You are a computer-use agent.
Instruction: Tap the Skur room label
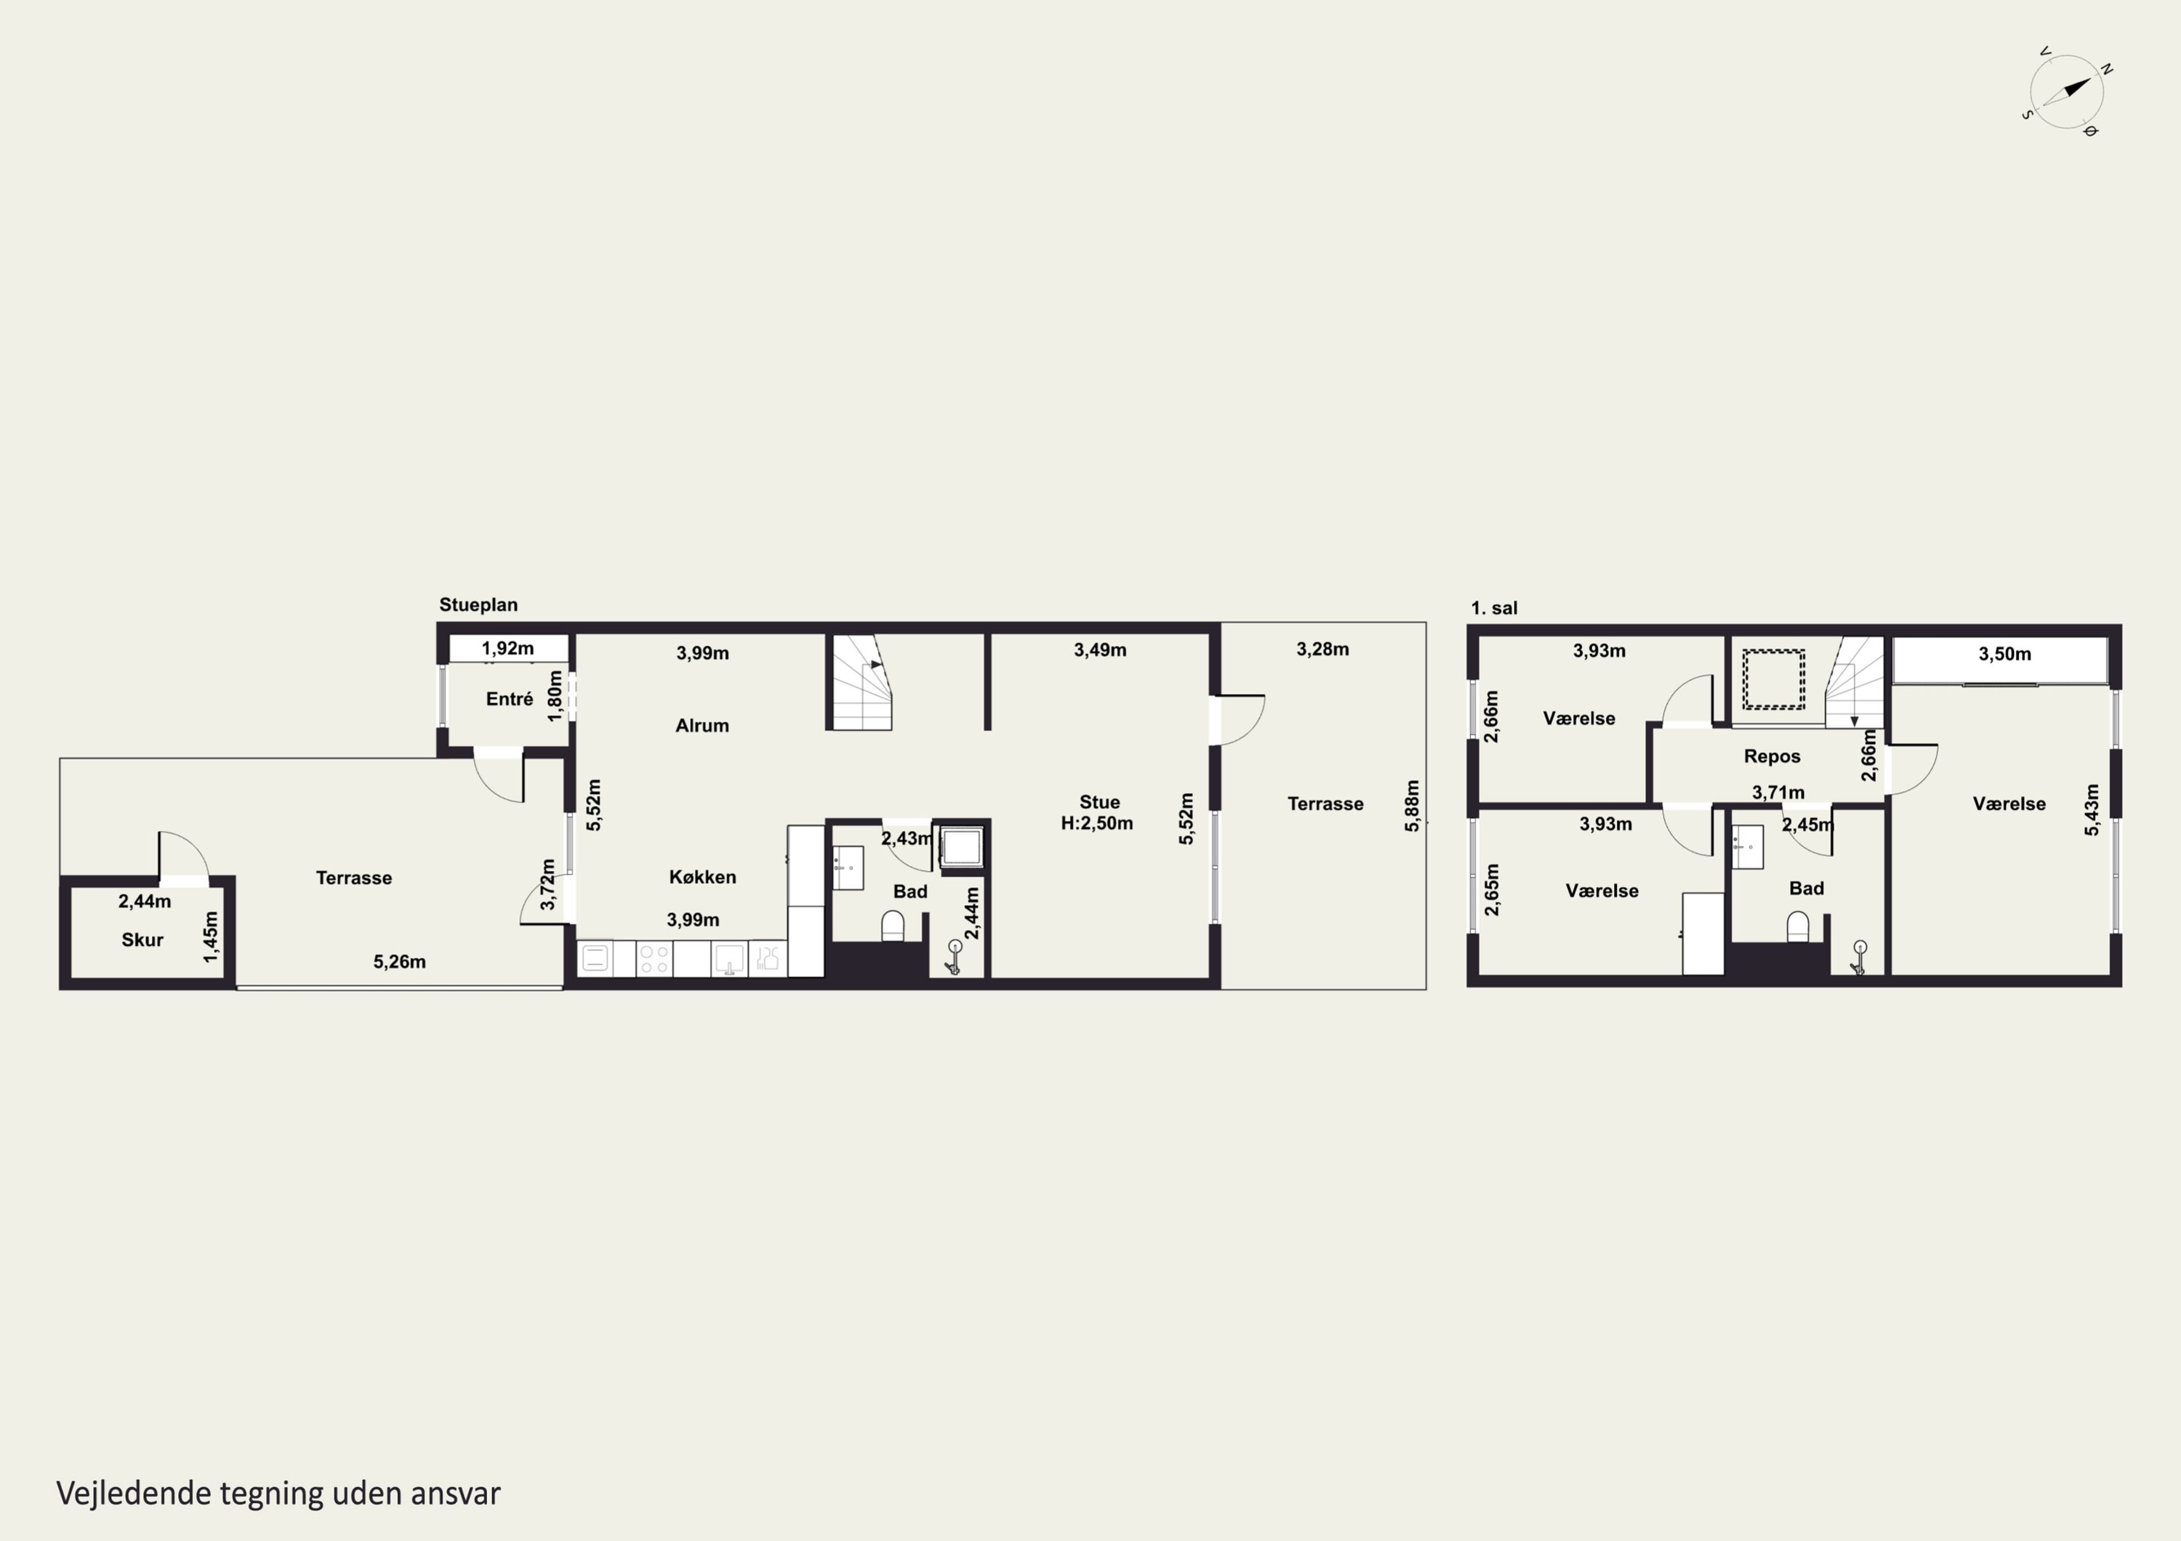142,940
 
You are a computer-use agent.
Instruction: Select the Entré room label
509,699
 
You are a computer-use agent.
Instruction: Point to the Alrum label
702,725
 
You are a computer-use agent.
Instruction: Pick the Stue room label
1099,802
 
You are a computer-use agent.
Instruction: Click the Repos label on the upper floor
1772,757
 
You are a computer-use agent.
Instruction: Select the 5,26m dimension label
399,962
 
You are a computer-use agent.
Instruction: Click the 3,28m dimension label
1322,650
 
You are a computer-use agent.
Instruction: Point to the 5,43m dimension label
2092,810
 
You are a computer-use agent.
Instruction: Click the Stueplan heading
478,604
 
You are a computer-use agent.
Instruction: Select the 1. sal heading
1494,609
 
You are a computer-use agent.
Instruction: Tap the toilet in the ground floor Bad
893,926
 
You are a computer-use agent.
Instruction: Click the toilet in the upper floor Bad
1798,926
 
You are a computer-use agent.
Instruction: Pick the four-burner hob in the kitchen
654,958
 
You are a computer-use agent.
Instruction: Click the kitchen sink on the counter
728,958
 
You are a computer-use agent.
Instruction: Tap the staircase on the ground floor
862,681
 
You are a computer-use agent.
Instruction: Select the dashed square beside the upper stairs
1773,679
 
